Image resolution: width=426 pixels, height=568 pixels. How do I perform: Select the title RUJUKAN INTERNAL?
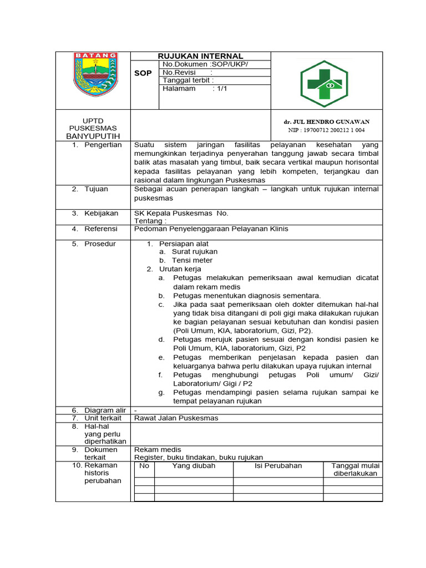coord(200,56)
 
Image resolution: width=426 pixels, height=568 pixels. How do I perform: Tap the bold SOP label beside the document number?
coord(143,73)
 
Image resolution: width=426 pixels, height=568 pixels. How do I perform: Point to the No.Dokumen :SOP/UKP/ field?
coord(205,64)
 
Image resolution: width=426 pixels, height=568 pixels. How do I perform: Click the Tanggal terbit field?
coord(188,80)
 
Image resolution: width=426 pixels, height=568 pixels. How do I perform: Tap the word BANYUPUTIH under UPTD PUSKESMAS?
coord(93,136)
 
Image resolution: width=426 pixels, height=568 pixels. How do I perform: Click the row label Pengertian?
coord(103,145)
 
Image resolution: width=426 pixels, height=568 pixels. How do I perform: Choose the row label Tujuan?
coord(97,189)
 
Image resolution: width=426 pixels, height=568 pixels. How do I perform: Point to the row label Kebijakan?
coord(101,213)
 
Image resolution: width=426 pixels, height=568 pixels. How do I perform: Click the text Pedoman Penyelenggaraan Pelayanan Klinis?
coord(211,229)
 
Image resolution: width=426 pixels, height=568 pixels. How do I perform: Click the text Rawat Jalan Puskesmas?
coord(176,418)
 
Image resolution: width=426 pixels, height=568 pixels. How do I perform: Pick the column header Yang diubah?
coord(194,466)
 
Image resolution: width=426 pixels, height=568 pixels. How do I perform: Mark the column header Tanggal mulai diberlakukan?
coord(355,469)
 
